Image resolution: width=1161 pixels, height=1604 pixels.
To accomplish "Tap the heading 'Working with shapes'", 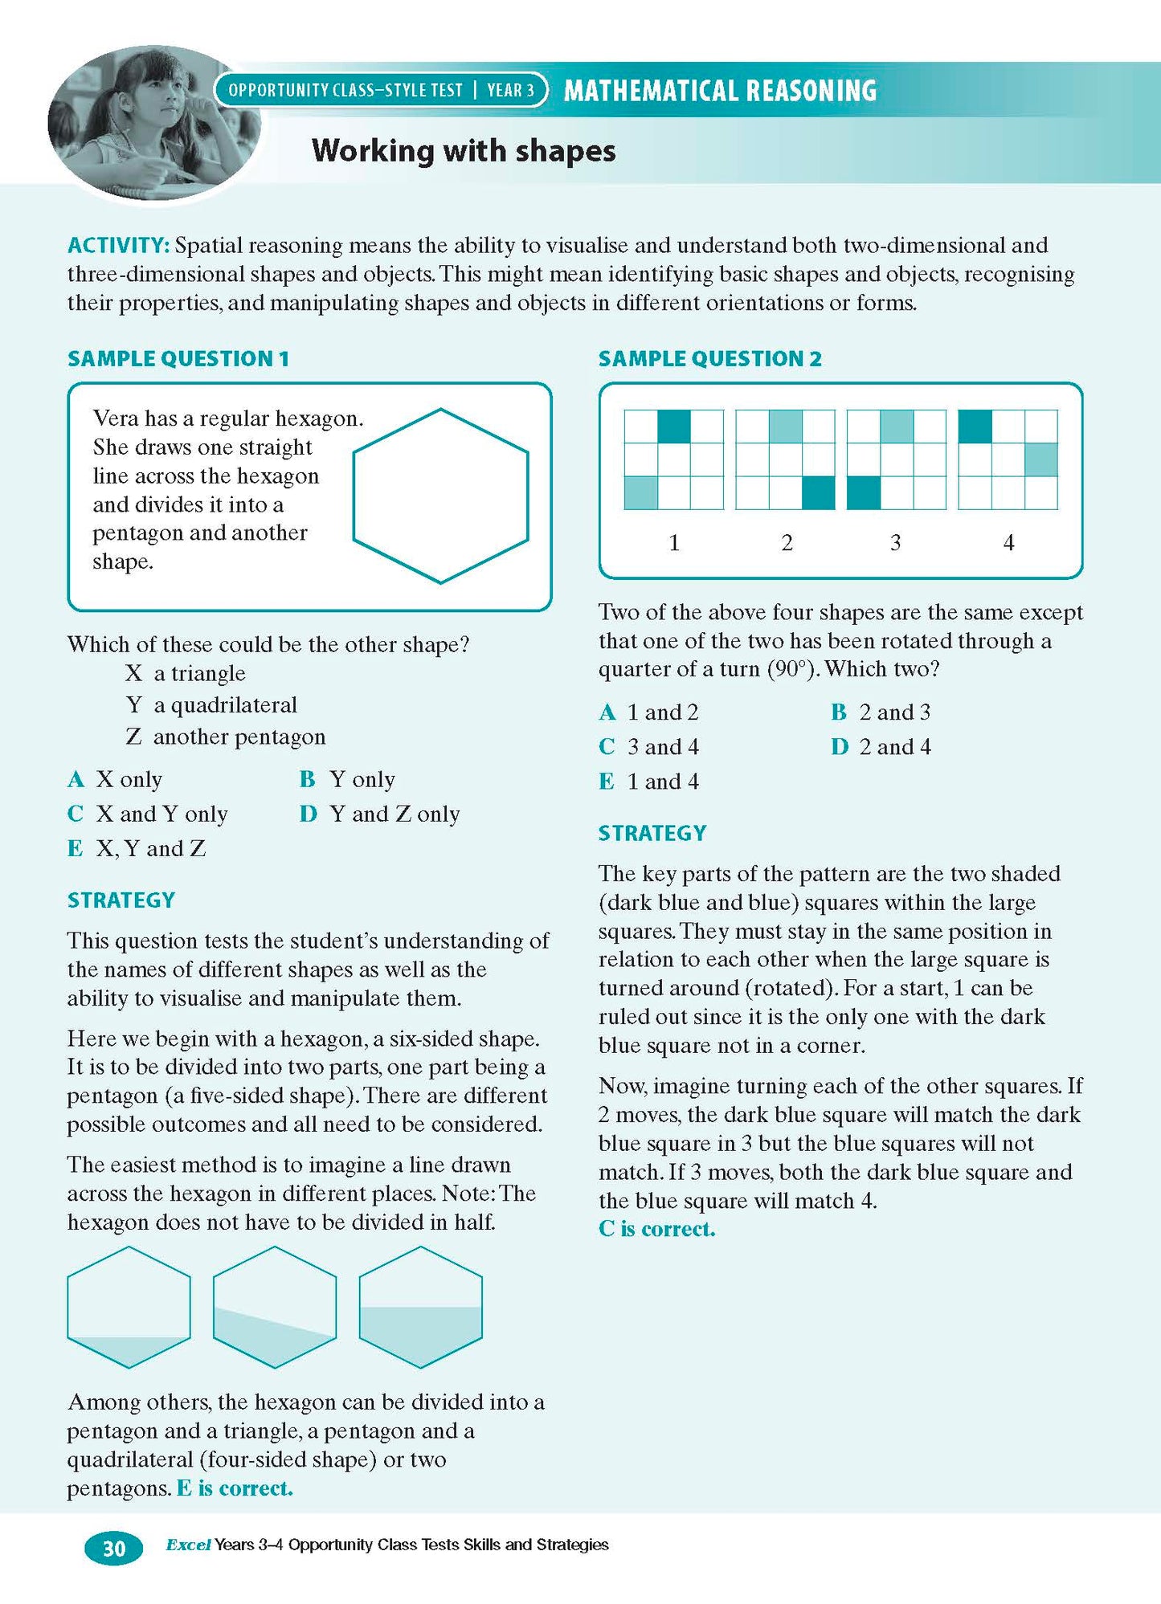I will pos(464,150).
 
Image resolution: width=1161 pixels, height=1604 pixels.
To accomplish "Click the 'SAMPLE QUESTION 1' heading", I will pos(178,358).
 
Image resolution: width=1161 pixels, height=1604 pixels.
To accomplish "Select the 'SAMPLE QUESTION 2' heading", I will pos(710,358).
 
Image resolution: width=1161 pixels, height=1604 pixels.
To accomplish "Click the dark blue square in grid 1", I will pos(674,427).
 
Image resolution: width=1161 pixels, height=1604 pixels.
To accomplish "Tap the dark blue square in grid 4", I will pos(975,427).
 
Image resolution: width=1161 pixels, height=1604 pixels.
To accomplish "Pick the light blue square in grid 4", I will pos(1040,459).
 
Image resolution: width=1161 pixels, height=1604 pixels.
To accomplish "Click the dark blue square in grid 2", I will pos(819,492).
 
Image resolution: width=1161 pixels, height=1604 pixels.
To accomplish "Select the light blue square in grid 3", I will pos(897,427).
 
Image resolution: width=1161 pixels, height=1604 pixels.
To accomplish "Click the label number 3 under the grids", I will pos(895,543).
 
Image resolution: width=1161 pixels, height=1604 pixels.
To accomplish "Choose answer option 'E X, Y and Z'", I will pos(137,848).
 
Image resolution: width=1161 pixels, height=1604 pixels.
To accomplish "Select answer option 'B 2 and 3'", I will pos(881,712).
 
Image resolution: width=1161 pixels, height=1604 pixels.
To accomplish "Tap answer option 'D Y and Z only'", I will pos(380,814).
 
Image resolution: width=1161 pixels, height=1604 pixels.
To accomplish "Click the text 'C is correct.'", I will pos(656,1229).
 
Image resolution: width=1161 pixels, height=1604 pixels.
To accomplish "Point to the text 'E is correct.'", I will pos(235,1488).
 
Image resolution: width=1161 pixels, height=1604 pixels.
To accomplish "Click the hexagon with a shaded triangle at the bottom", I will pos(129,1307).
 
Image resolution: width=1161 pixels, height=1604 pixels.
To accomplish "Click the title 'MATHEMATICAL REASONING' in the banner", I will pos(720,90).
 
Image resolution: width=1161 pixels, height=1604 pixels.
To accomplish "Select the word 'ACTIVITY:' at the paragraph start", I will pos(118,245).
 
